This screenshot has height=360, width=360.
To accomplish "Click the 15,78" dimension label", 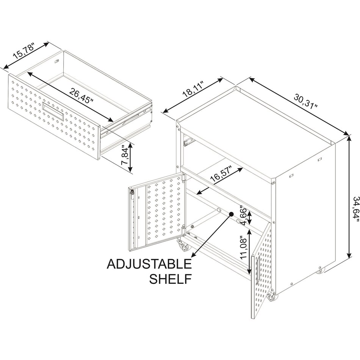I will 24,51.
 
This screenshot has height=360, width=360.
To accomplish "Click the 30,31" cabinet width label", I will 305,101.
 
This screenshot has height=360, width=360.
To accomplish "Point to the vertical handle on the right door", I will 257,271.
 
